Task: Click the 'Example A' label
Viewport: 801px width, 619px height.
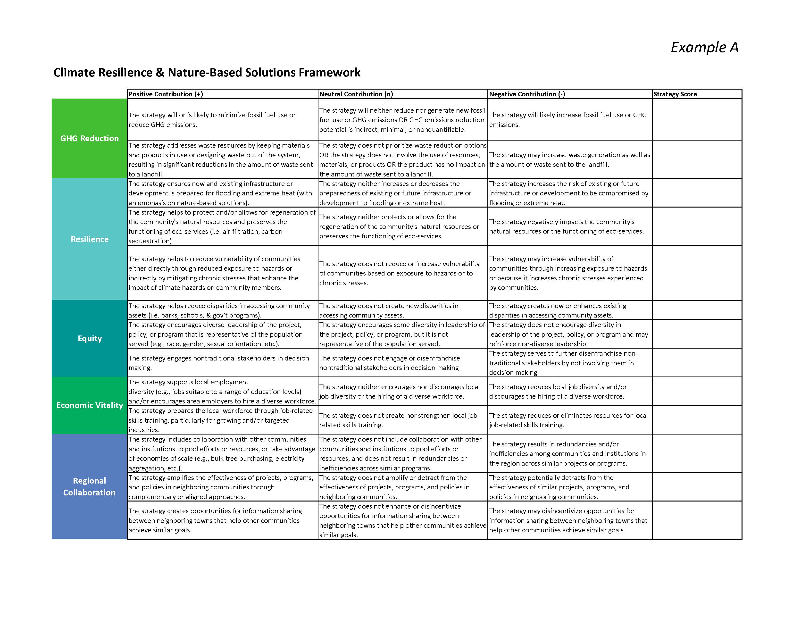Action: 704,47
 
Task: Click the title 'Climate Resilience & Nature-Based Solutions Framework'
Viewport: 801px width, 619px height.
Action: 207,73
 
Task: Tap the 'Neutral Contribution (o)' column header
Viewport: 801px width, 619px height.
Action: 356,94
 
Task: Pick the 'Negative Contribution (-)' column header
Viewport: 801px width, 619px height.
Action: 527,94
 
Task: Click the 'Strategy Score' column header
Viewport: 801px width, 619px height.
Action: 675,94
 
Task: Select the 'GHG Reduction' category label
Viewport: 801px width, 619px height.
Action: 90,139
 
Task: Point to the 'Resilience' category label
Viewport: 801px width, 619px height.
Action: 90,239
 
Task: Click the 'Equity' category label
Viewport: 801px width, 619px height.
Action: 90,338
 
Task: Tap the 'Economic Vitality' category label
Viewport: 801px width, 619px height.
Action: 90,405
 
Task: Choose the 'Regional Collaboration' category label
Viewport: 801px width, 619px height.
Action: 90,487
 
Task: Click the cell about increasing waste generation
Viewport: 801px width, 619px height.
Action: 570,159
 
